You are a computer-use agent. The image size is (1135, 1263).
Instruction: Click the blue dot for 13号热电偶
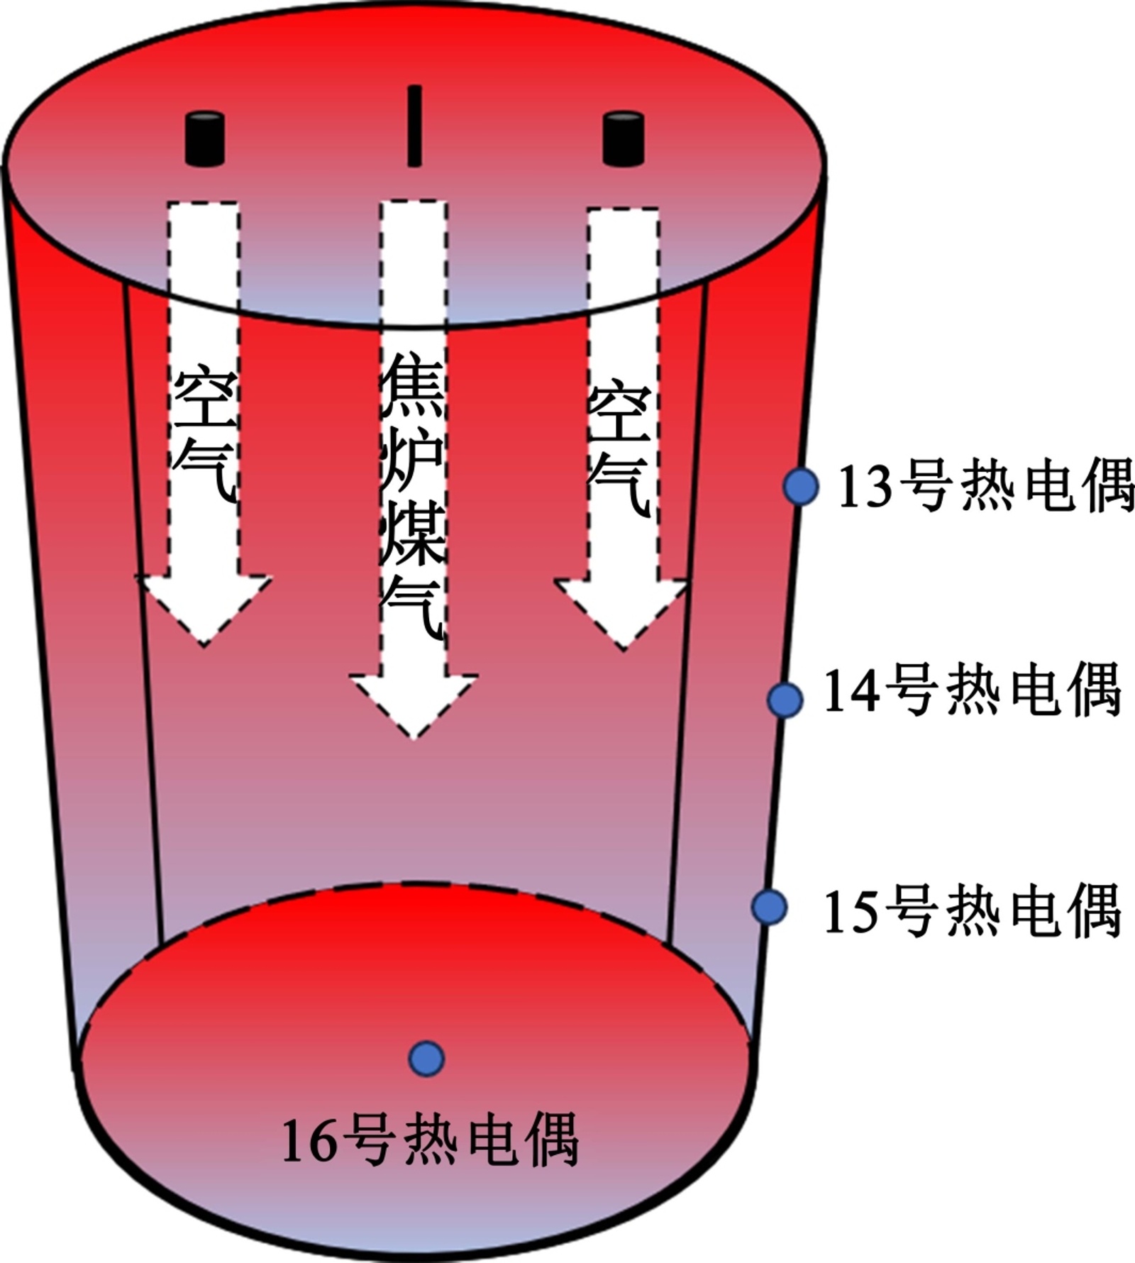(801, 487)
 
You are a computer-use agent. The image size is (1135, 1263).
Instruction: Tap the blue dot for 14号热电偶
(785, 700)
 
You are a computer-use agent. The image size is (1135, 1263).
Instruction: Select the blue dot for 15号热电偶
(769, 906)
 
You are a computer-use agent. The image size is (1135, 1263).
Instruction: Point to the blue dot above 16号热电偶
(426, 1059)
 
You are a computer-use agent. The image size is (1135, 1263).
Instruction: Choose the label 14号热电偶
(972, 690)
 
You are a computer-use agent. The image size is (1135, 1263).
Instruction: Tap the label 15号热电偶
(972, 910)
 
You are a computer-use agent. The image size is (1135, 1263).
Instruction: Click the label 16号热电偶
(430, 1141)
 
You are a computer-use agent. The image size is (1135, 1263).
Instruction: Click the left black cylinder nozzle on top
(205, 138)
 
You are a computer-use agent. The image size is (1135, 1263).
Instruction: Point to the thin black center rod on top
(414, 126)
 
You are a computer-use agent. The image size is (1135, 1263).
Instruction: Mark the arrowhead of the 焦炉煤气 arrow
(414, 702)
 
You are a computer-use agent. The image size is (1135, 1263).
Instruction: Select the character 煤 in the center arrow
(413, 534)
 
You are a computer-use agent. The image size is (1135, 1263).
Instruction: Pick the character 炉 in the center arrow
(413, 461)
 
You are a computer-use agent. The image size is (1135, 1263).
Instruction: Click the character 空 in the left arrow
(205, 396)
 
